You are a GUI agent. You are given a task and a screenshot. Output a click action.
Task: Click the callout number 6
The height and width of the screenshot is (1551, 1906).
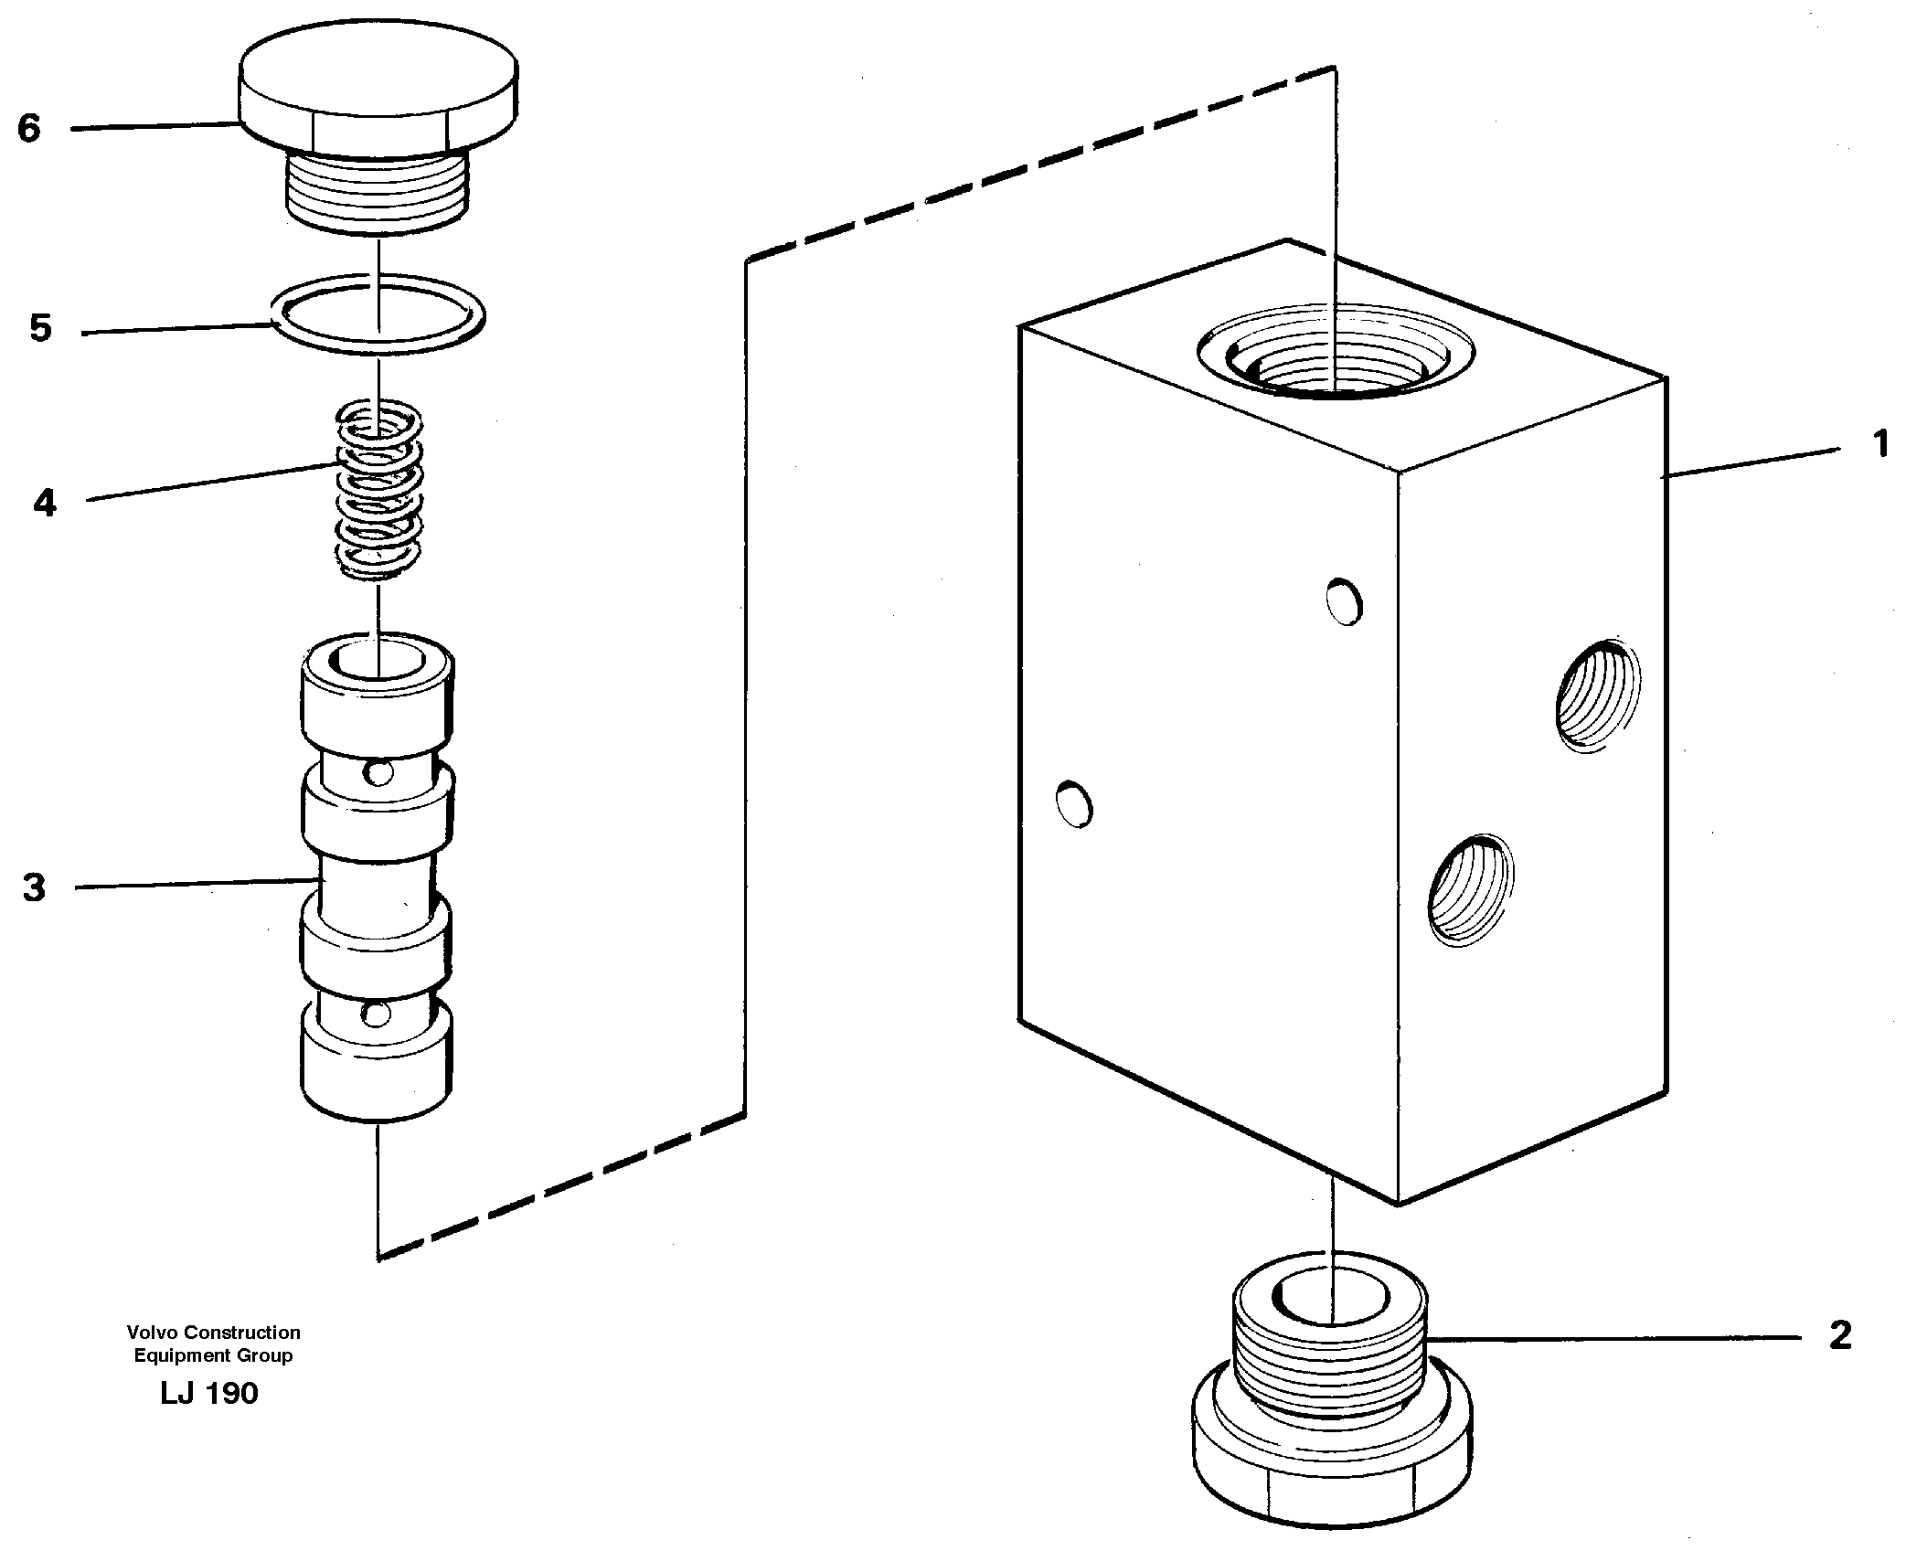pyautogui.click(x=29, y=128)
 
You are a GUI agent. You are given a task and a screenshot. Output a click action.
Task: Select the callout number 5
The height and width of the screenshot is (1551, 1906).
pyautogui.click(x=40, y=329)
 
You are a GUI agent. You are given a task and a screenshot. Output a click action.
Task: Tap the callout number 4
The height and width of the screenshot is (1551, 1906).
pyautogui.click(x=44, y=503)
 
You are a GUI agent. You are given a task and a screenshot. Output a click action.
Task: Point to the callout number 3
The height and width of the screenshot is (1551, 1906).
pyautogui.click(x=34, y=887)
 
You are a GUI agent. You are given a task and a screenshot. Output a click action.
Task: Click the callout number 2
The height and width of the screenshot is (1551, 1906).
pyautogui.click(x=1839, y=1336)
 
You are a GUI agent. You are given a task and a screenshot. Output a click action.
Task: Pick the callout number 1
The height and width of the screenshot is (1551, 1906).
pyautogui.click(x=1879, y=445)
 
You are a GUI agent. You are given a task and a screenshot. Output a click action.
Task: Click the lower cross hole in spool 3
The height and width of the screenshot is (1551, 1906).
pyautogui.click(x=376, y=1013)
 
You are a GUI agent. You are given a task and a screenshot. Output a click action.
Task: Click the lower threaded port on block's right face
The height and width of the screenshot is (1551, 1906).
pyautogui.click(x=1470, y=888)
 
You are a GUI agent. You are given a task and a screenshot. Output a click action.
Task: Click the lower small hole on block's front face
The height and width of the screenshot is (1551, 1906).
pyautogui.click(x=1074, y=804)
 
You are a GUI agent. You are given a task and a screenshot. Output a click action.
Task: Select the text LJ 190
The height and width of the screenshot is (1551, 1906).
pyautogui.click(x=209, y=1393)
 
